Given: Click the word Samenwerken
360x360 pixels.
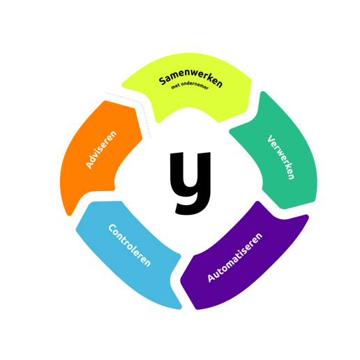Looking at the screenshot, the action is [x=190, y=77].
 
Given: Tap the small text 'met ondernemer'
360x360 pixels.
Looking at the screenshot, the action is [x=190, y=85].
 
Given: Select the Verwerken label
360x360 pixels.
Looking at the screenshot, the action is [x=281, y=157].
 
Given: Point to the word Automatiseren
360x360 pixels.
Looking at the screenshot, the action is [x=235, y=257].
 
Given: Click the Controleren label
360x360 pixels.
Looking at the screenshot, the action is [x=130, y=245].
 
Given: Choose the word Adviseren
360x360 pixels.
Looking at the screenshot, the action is [x=101, y=149].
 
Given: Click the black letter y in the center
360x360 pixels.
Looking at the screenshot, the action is [x=190, y=183].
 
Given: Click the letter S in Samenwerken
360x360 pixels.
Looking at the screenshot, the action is [x=163, y=81].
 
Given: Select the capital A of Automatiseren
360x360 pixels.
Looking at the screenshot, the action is [x=211, y=277].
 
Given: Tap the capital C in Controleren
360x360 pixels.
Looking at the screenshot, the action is [x=112, y=228].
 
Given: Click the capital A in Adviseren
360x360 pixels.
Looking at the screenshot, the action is [x=89, y=165].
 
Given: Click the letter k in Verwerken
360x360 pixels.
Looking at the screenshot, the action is [x=287, y=167].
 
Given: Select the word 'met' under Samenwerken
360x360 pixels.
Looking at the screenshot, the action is [x=175, y=87].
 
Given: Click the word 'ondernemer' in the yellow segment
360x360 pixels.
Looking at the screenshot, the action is [x=195, y=85].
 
